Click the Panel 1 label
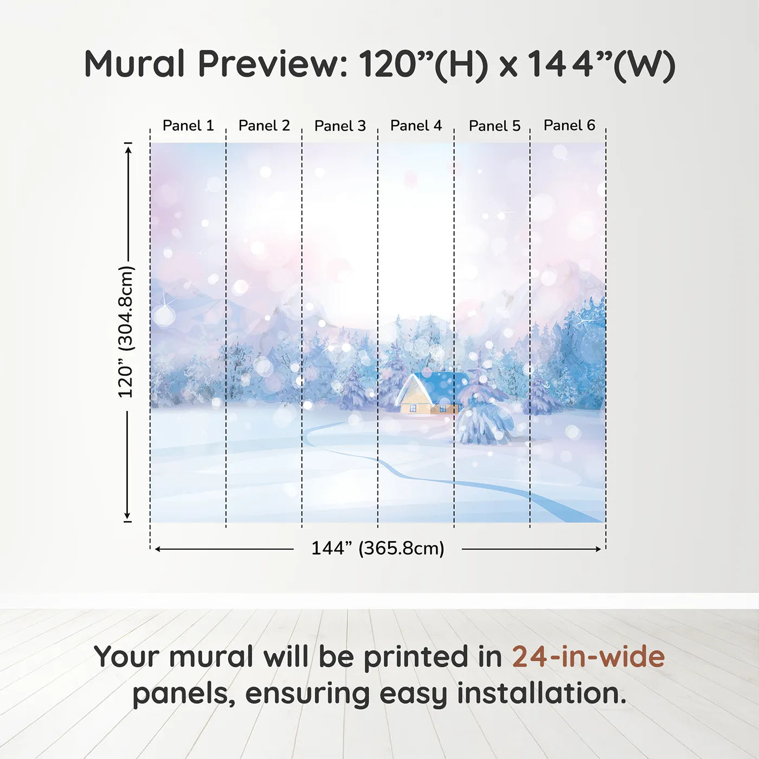pyautogui.click(x=188, y=126)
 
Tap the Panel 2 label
pyautogui.click(x=264, y=126)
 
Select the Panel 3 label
pyautogui.click(x=340, y=126)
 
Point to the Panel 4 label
pyautogui.click(x=416, y=126)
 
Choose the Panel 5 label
pyautogui.click(x=494, y=126)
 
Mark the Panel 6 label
pyautogui.click(x=569, y=126)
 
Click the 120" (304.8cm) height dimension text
pyautogui.click(x=126, y=332)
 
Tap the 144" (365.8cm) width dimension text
pyautogui.click(x=377, y=548)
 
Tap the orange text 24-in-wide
pyautogui.click(x=588, y=657)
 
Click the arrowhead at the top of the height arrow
pyautogui.click(x=128, y=148)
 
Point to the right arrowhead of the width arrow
pyautogui.click(x=599, y=549)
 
